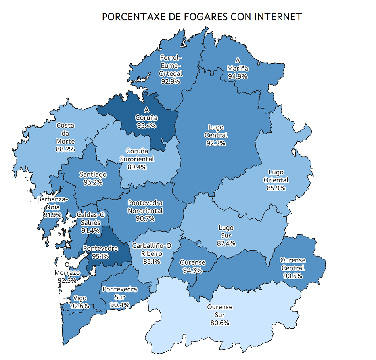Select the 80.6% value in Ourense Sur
[x=220, y=323]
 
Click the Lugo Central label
[x=216, y=131]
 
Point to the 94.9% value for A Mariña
[x=238, y=76]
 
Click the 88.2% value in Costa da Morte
[x=65, y=149]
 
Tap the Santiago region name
[x=93, y=174]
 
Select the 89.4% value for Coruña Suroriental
[x=137, y=167]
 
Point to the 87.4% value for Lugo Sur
[x=226, y=243]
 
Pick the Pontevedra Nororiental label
[x=145, y=207]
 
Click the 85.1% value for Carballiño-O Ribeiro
[x=152, y=262]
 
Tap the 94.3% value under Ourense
[x=193, y=270]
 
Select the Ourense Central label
[x=293, y=264]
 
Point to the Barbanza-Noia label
[x=53, y=203]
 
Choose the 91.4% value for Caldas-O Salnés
[x=91, y=230]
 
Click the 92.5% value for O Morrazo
[x=67, y=280]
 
